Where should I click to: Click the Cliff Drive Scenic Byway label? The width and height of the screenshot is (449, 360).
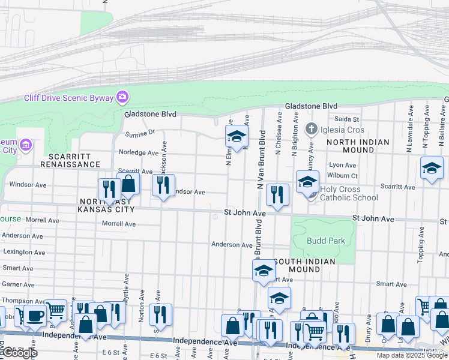point(69,98)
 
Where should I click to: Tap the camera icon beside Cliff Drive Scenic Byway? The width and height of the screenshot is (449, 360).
point(122,97)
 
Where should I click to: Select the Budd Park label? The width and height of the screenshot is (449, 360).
point(325,241)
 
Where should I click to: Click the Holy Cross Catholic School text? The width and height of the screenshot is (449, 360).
point(348,193)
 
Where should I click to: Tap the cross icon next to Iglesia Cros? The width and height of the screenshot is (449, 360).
point(311,129)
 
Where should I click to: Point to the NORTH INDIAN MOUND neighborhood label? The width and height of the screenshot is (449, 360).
point(358,146)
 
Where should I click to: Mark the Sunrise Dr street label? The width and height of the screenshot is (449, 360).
point(140,133)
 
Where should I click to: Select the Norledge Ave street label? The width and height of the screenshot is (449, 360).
point(139,152)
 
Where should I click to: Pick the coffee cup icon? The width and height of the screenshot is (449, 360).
point(35,315)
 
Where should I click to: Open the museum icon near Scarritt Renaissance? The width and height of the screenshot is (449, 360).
point(25,145)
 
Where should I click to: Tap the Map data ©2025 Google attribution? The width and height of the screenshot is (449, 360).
point(412,355)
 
